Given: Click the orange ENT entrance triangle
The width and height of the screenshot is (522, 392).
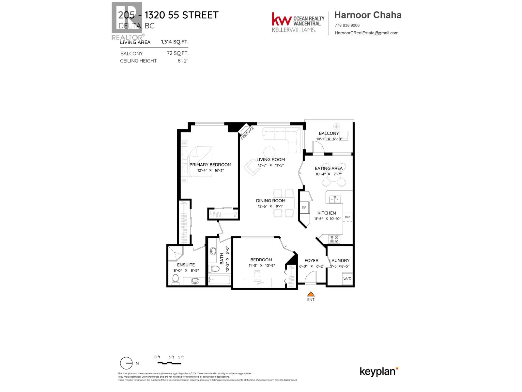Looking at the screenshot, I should coord(311,294).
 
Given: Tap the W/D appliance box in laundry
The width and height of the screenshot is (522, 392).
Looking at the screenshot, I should coord(347,279).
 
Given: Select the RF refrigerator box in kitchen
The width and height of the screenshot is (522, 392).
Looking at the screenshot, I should coord(304,208).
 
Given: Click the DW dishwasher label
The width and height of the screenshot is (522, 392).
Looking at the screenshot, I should coord(347,217).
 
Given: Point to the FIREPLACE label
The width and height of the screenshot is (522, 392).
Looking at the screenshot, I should coord(247,133).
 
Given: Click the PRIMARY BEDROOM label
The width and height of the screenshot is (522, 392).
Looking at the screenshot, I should coord(210,165).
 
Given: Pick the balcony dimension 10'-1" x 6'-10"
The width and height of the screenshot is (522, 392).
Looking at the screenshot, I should coord(329,139).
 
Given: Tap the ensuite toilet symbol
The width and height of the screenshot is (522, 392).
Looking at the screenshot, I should coord(176,279).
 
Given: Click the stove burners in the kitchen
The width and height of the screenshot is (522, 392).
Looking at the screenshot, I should coord(334,239).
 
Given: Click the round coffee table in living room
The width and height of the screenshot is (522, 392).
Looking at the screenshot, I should coord(269,152).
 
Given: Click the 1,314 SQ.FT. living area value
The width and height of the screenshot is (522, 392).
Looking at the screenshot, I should coord(175,42).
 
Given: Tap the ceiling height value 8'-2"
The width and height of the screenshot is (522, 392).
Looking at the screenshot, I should coord(183,61).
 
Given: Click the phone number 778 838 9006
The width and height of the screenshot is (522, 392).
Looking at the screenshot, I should coord(347,25).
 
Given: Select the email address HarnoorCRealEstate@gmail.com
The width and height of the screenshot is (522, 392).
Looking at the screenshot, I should coord(366,33).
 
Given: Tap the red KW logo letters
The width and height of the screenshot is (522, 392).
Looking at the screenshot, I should coord(282,20).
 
